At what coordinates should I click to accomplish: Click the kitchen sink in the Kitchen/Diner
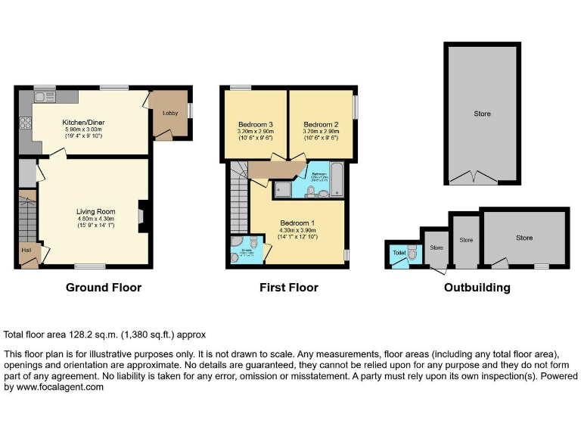41,96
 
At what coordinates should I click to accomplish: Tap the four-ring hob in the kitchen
25,123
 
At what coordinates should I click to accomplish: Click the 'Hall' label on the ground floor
26,250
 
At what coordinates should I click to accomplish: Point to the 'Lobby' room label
169,114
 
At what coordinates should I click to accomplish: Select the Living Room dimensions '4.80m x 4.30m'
95,218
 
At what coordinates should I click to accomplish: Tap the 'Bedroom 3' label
255,124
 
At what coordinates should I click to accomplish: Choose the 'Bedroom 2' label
320,124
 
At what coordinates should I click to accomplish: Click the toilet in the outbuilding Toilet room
412,254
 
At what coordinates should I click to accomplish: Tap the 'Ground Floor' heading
104,288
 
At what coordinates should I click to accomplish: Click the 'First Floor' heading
288,288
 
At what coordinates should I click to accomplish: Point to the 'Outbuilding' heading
477,288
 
